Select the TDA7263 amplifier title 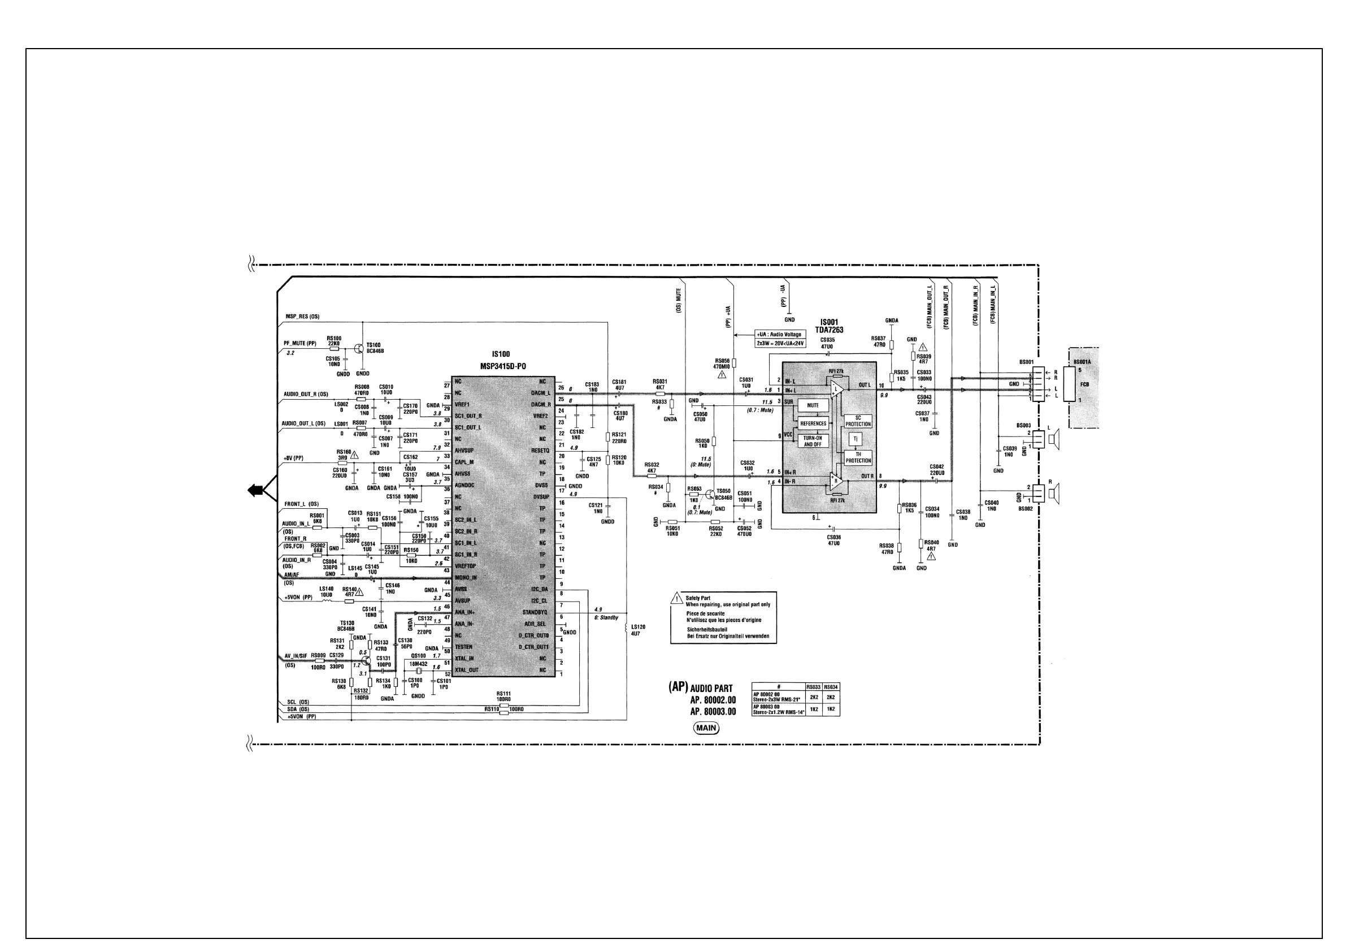pos(829,330)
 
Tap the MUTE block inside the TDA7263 pos(813,405)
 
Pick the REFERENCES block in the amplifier pos(813,423)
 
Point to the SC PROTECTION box pos(858,421)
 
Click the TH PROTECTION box pos(858,457)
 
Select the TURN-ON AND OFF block pos(813,441)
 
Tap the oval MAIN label pos(706,728)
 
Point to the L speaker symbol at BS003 pos(1054,439)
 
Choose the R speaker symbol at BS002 pos(1054,494)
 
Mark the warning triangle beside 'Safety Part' pos(678,598)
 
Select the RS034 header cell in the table pos(831,687)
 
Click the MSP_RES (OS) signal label pos(302,317)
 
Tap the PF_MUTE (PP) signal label pos(300,344)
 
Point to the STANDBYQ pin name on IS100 pos(534,612)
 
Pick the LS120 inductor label pos(638,627)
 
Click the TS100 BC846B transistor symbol pos(359,348)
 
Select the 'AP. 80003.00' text pos(713,712)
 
